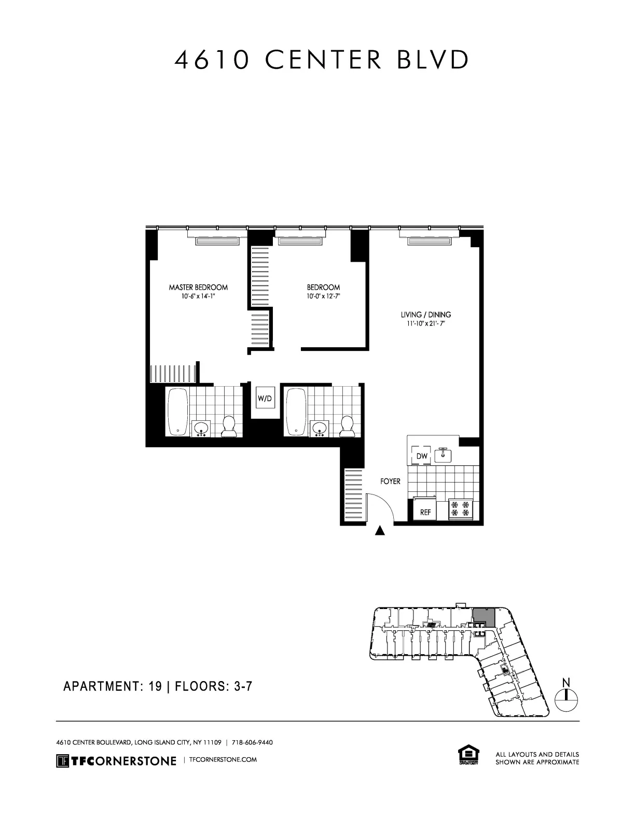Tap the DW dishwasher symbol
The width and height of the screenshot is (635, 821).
[x=422, y=456]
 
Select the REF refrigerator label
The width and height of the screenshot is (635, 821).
[x=425, y=512]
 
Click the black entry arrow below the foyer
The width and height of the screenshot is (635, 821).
[x=380, y=530]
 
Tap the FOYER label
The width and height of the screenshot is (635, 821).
[x=390, y=482]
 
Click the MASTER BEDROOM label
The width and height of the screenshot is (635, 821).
[x=198, y=287]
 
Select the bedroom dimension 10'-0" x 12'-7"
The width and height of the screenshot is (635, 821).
[x=323, y=296]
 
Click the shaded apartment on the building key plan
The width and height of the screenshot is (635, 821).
[x=483, y=617]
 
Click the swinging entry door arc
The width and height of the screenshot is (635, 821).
[x=381, y=506]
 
